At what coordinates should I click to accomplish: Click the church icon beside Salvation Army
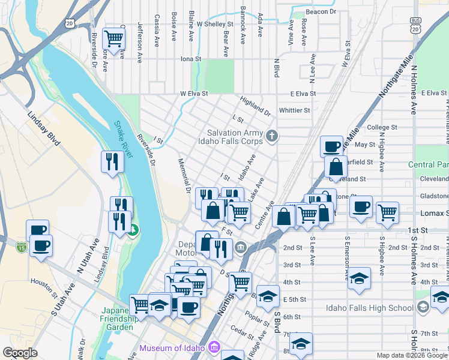click(x=272, y=136)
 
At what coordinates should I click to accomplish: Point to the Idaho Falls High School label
click(x=369, y=308)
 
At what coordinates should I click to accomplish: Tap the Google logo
click(x=20, y=353)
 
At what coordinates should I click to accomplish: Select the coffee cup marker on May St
click(x=331, y=146)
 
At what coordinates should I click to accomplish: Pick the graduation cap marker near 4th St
click(x=359, y=279)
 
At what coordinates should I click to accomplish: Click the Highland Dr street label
click(x=255, y=106)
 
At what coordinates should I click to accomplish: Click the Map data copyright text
click(x=412, y=355)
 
